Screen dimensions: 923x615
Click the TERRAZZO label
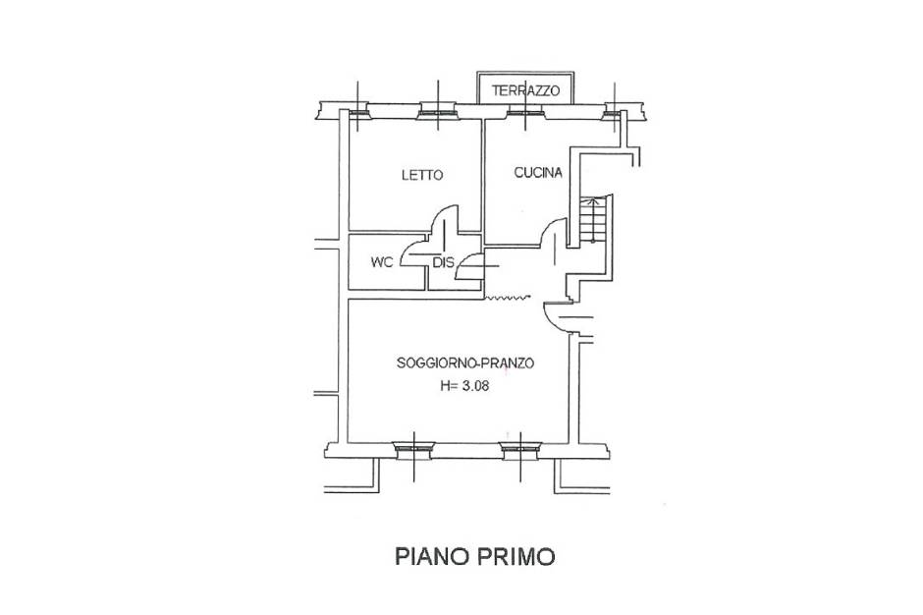(525, 90)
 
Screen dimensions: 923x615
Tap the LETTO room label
(422, 175)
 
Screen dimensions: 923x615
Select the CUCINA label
(538, 173)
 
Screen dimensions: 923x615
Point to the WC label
(381, 262)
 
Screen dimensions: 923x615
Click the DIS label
(444, 262)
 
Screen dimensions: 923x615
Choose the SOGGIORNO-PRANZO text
(465, 363)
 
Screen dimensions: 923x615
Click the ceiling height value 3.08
(475, 386)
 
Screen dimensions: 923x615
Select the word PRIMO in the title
(516, 556)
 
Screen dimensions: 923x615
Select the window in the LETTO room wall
(437, 112)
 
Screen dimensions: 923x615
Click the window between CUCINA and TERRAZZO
(525, 112)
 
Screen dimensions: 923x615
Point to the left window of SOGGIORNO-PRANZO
(414, 450)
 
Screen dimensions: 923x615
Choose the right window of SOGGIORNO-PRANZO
(520, 450)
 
